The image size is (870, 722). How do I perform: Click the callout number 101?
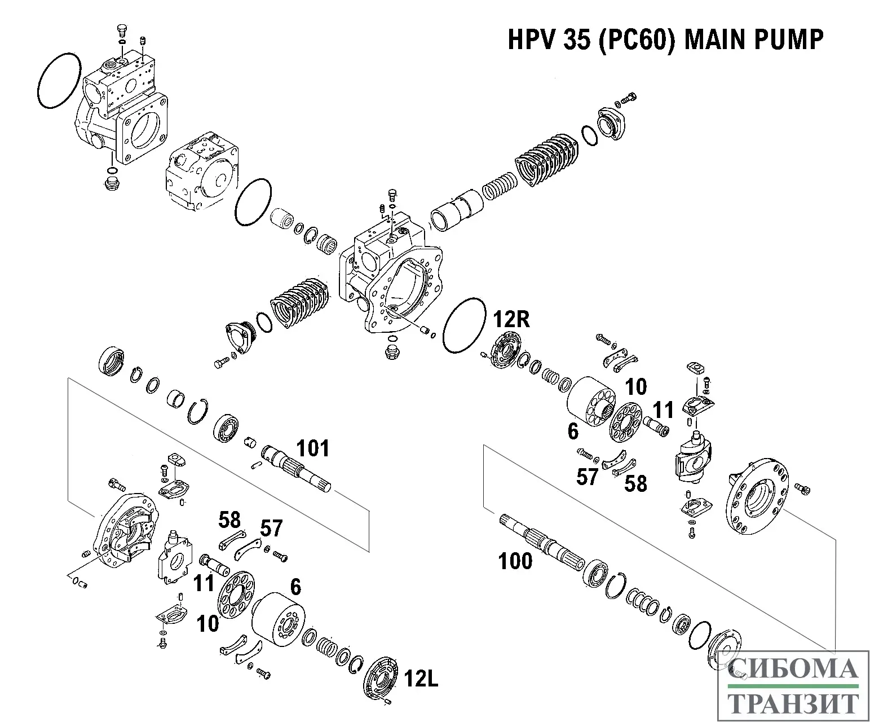click(x=313, y=449)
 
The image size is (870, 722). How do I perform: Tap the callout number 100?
click(x=515, y=561)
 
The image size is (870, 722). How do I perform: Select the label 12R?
click(x=511, y=320)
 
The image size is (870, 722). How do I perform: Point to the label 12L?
click(x=421, y=680)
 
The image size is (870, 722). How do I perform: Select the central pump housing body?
click(x=389, y=276)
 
